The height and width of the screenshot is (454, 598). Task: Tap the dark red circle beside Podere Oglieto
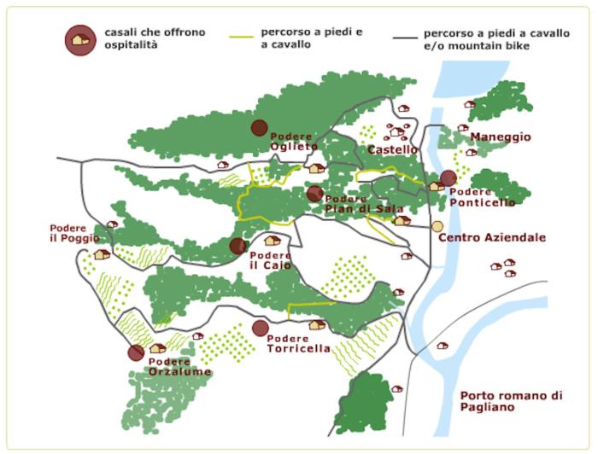click(259, 128)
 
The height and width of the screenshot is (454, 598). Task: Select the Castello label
click(391, 150)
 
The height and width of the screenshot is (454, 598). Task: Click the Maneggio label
click(500, 137)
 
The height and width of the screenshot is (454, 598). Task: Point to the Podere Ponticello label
click(482, 197)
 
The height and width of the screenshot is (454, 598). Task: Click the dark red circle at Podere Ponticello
click(448, 178)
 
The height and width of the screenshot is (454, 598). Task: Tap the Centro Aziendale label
click(491, 237)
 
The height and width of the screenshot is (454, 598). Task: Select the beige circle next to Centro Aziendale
click(437, 226)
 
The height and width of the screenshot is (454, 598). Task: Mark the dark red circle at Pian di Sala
click(315, 194)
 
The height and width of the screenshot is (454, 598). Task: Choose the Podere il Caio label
click(271, 260)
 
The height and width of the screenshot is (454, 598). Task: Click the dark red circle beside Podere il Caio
click(238, 247)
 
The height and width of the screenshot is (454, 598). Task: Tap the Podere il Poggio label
click(73, 233)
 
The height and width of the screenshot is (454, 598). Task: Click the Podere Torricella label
click(298, 344)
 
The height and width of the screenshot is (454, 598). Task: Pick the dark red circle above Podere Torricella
click(261, 329)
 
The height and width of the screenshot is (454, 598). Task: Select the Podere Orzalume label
click(179, 367)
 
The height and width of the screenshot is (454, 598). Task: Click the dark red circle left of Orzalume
click(136, 353)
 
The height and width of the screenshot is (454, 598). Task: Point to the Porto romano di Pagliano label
click(511, 402)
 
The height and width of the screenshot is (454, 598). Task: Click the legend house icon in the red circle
click(80, 39)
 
